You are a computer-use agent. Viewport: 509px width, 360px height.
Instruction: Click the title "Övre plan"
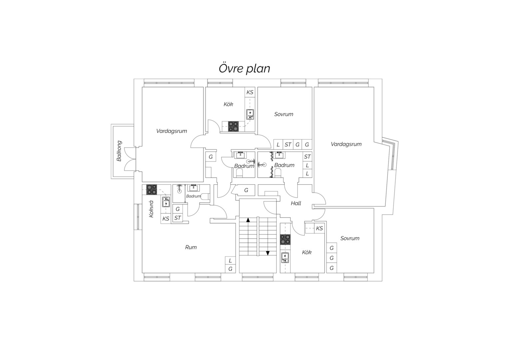(x=244, y=68)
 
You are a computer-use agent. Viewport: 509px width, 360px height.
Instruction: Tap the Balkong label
(x=119, y=151)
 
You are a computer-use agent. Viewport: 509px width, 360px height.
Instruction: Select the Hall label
(x=296, y=203)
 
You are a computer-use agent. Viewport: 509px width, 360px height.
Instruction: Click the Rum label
(x=191, y=247)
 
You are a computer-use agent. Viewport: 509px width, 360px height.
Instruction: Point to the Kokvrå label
(x=151, y=209)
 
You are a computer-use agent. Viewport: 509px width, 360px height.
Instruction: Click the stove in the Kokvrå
(x=152, y=190)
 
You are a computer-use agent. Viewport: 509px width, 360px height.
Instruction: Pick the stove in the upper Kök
(x=234, y=126)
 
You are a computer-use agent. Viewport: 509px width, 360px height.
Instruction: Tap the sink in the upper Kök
(x=250, y=114)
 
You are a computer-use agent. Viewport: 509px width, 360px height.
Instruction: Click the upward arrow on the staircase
(x=248, y=220)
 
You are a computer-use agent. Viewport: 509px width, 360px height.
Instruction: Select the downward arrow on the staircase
(x=268, y=253)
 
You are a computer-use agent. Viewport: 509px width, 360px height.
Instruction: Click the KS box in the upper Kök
(x=250, y=92)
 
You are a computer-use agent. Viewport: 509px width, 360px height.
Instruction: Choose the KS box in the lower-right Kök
(x=319, y=228)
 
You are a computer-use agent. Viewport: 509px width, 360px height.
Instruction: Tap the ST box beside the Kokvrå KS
(x=178, y=218)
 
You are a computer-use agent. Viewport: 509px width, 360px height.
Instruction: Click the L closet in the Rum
(x=230, y=261)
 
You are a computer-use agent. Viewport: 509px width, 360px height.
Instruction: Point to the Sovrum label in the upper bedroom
(x=283, y=114)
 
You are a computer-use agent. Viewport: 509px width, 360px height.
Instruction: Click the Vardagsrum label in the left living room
(x=172, y=131)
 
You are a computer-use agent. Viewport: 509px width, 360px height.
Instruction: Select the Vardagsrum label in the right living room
(x=346, y=144)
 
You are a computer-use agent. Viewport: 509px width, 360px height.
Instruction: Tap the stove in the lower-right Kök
(x=285, y=239)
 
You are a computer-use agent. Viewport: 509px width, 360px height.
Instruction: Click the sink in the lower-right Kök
(x=285, y=258)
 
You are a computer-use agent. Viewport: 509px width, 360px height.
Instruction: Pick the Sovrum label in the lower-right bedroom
(x=350, y=238)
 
